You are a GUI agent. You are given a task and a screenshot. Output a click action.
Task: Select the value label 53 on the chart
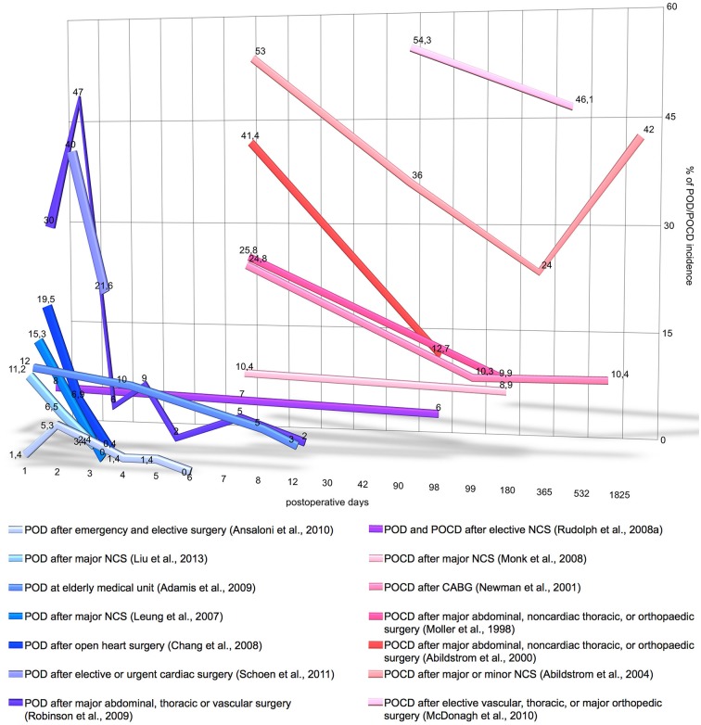[x=261, y=50]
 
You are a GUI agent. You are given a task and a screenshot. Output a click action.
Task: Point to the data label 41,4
[x=249, y=136]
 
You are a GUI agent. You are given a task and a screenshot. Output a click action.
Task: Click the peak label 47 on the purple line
[x=79, y=92]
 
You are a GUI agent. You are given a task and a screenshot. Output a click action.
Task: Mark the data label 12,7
[x=441, y=349]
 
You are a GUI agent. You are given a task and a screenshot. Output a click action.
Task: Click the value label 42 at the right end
[x=649, y=129]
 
